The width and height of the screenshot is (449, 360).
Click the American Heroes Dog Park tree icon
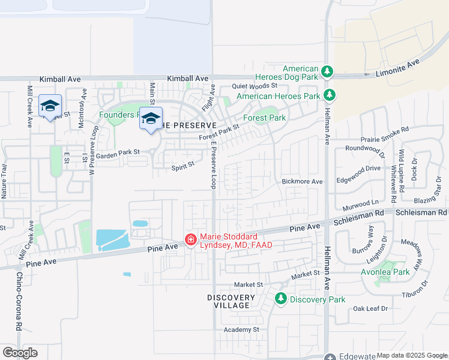click(327, 73)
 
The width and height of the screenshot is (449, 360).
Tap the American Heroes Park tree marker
click(329, 95)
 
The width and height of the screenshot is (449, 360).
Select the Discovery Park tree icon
click(280, 298)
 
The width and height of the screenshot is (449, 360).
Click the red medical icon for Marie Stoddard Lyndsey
click(191, 240)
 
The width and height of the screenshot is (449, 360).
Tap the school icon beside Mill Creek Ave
click(49, 107)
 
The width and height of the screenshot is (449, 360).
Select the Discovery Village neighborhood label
click(232, 301)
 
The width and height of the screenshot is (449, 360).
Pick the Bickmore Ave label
click(303, 181)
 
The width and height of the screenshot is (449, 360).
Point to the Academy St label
click(241, 329)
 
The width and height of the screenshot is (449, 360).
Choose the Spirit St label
click(183, 163)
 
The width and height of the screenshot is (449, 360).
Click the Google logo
click(20, 352)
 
